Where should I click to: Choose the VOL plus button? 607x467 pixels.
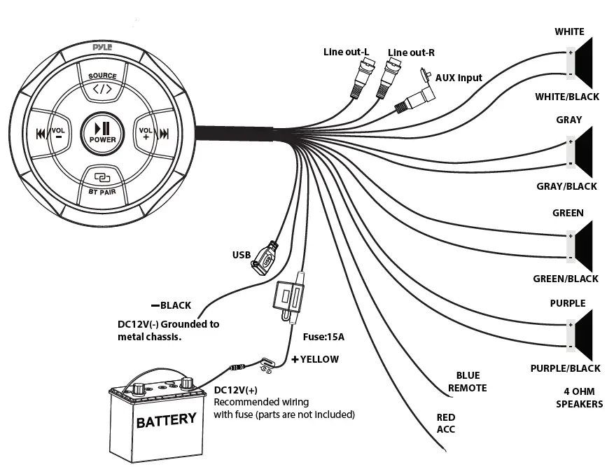point(146,133)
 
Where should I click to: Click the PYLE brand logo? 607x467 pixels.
point(103,46)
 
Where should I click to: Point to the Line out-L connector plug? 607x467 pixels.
point(363,75)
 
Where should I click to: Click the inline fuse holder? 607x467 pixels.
point(288,298)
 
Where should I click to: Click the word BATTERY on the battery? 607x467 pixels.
point(166,420)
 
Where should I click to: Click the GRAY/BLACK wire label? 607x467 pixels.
point(566,186)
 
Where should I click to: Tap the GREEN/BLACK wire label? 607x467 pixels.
point(566,279)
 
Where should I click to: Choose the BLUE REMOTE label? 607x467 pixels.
point(467,382)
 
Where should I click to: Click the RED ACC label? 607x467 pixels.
point(446,423)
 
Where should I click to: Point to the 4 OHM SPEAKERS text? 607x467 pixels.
point(579,398)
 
